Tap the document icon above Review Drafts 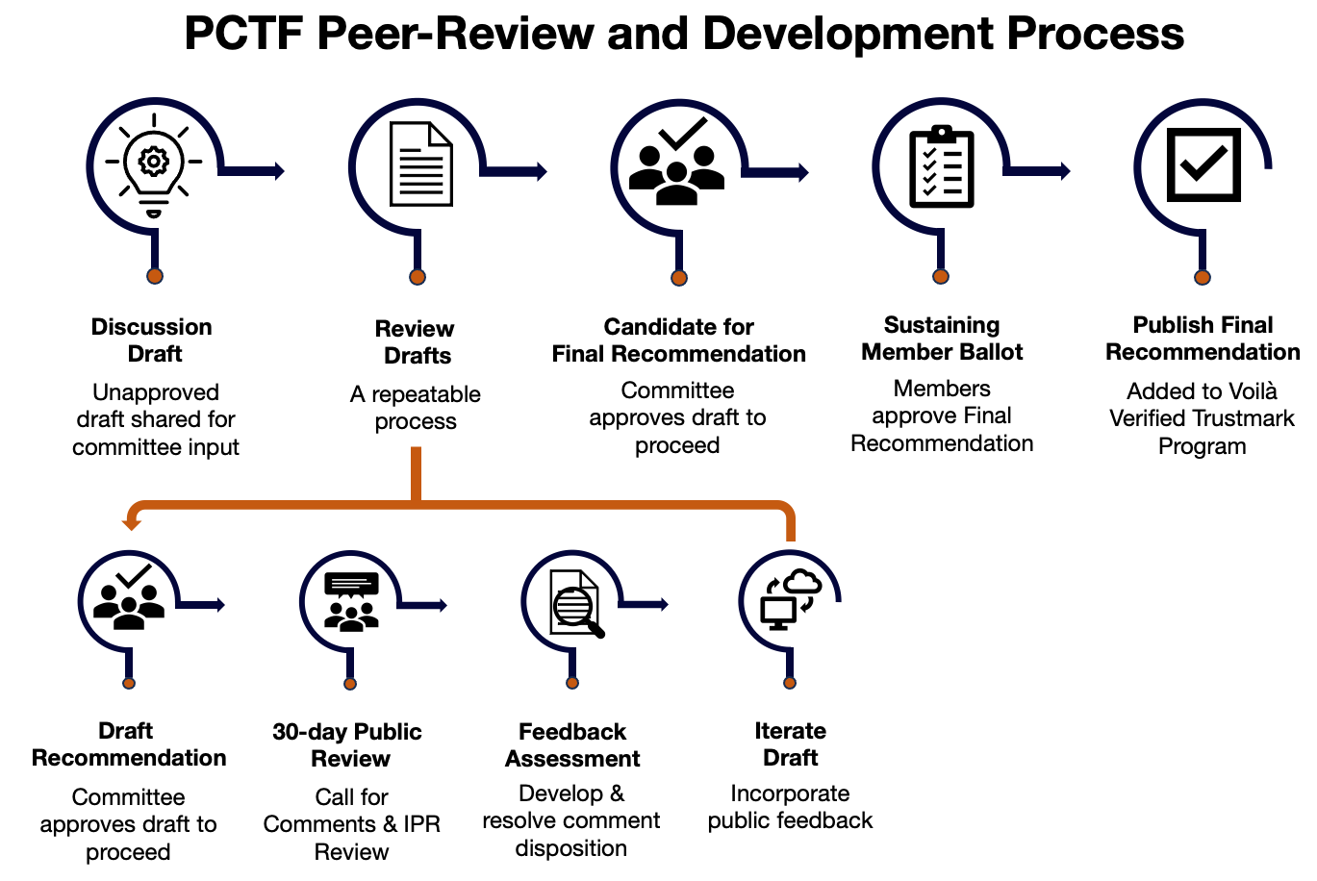(420, 164)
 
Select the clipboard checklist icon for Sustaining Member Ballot (942, 166)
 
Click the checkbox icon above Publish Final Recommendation (1203, 164)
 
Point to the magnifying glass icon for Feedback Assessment (576, 604)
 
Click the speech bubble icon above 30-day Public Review (351, 601)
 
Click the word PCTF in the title (243, 35)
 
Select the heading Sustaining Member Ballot (942, 339)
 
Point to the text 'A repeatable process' (416, 408)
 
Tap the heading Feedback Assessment (572, 745)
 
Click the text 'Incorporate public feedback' (790, 807)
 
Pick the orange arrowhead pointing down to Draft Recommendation (131, 522)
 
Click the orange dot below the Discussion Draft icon (155, 276)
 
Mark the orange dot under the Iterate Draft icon (790, 683)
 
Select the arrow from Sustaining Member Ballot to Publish (1039, 171)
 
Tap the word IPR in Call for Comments (421, 824)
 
